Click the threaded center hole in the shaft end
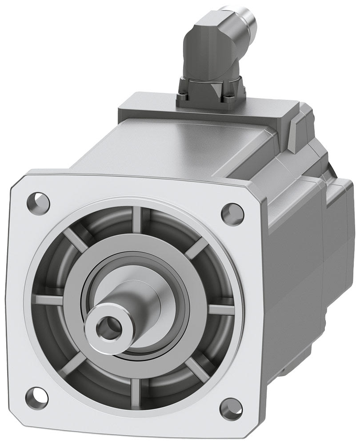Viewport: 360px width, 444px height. (x=107, y=328)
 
